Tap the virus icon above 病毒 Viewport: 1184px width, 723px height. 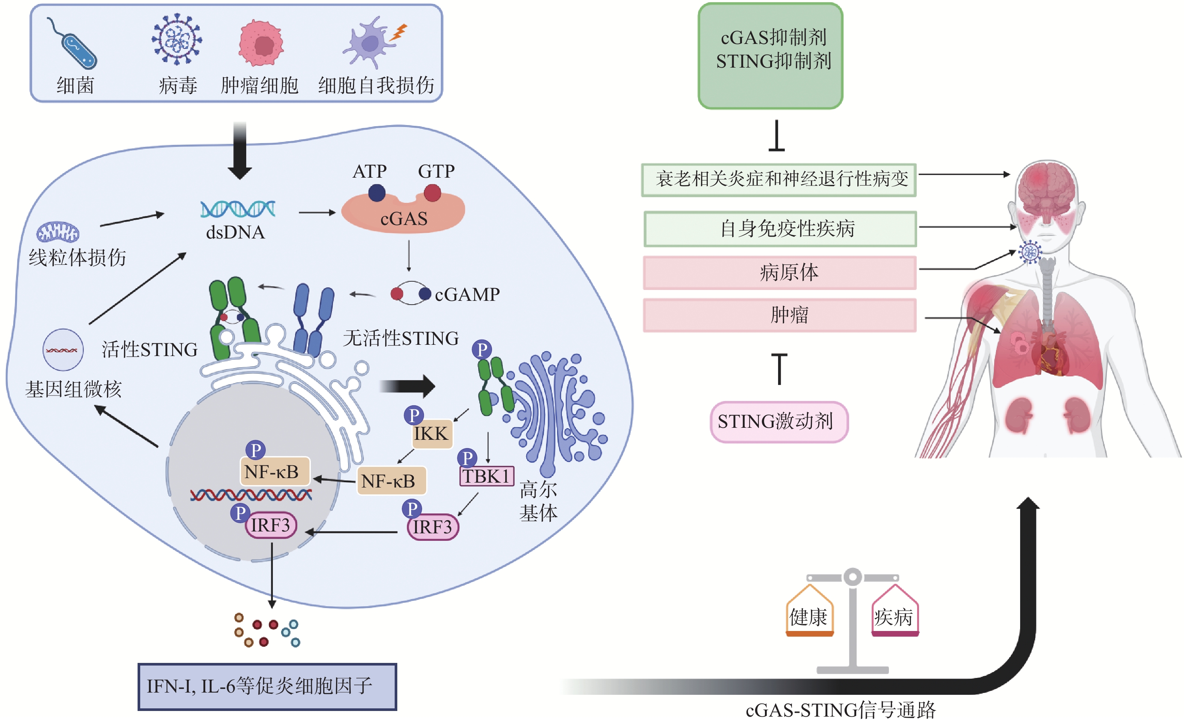coord(177,39)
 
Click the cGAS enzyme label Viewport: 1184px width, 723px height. coord(404,219)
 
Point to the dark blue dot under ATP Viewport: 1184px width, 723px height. coord(377,193)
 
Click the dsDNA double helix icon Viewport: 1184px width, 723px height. coord(238,209)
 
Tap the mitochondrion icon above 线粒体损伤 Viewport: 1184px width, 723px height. coord(58,232)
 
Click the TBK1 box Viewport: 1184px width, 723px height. coord(486,476)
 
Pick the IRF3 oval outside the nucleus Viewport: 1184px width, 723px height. coord(433,527)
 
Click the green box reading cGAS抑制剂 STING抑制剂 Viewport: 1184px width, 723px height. coord(770,56)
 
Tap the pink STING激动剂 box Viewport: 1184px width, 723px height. coord(778,421)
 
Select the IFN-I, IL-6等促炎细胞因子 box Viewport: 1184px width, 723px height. coord(267,687)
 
